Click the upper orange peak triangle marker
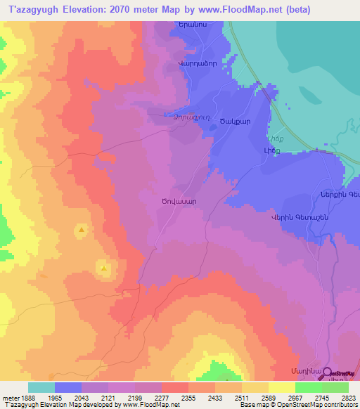[x=82, y=230]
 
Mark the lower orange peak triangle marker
[x=104, y=268]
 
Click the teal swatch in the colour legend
[x=41, y=387]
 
